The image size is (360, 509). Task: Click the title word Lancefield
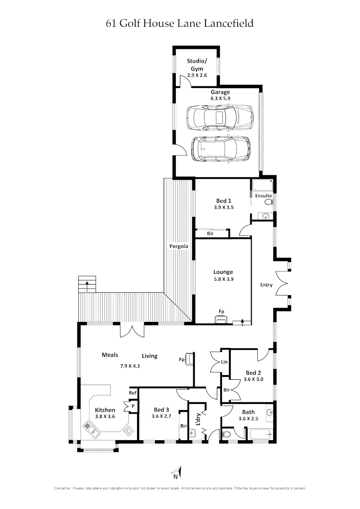(x=229, y=23)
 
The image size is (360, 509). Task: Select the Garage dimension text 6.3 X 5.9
(x=220, y=99)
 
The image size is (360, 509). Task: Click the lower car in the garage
(x=221, y=149)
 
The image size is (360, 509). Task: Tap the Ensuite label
(x=262, y=195)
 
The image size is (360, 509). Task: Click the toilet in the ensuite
(x=269, y=202)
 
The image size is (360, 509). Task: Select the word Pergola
(x=179, y=246)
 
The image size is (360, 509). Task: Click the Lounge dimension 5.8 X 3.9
(x=223, y=279)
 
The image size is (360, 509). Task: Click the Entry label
(x=266, y=285)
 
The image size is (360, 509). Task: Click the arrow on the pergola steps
(x=88, y=285)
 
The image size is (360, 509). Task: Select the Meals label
(x=110, y=355)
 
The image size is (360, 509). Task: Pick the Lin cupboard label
(x=224, y=362)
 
